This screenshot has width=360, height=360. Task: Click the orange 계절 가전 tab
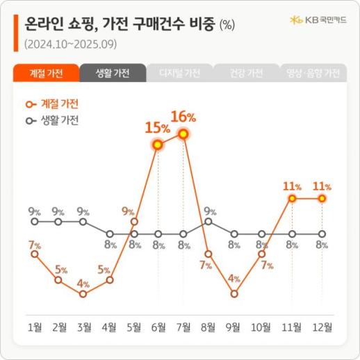pos(45,73)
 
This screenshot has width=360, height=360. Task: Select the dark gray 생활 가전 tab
pos(112,73)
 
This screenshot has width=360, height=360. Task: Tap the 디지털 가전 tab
pos(179,73)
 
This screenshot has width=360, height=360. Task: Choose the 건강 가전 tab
pos(246,73)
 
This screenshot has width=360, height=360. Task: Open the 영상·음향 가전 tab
pos(313,73)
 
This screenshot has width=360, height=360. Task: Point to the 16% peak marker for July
pos(183,133)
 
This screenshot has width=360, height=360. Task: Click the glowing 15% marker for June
pos(158,145)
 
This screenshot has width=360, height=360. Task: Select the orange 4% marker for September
pos(235,293)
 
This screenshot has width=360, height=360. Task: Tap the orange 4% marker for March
pos(83,293)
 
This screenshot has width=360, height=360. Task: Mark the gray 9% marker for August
pos(209,222)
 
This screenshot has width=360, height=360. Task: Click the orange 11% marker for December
pos(322,199)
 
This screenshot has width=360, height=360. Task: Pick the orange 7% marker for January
pos(34,254)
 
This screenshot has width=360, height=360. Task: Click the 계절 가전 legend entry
pos(54,104)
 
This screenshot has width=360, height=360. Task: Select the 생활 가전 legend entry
pos(54,120)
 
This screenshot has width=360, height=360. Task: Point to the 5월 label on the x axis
pos(135,326)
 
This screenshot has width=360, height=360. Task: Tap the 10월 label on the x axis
pos(262,326)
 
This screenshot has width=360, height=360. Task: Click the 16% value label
pos(183,114)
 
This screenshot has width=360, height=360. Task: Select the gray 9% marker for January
pos(34,222)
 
